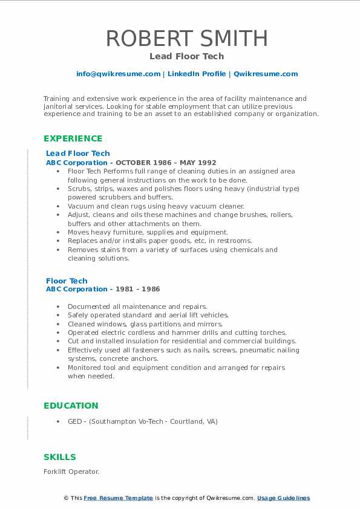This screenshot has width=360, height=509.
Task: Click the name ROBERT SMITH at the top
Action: click(x=187, y=38)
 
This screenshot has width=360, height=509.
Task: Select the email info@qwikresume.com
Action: click(x=118, y=74)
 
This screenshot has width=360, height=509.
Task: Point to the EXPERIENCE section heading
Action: click(x=73, y=138)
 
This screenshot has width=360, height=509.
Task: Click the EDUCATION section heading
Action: click(x=71, y=406)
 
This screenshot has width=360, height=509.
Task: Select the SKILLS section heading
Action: click(x=60, y=457)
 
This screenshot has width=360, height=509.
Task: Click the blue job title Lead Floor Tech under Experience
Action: click(x=77, y=154)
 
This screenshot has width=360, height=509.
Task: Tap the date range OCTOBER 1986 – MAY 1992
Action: click(x=166, y=163)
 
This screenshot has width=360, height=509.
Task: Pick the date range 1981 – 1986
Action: click(x=138, y=290)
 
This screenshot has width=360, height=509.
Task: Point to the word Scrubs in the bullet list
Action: click(x=79, y=189)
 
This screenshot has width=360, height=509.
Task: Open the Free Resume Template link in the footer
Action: click(x=118, y=498)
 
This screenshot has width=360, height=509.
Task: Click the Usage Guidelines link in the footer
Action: click(x=283, y=498)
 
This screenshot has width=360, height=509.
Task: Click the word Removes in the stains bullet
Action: click(x=82, y=250)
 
